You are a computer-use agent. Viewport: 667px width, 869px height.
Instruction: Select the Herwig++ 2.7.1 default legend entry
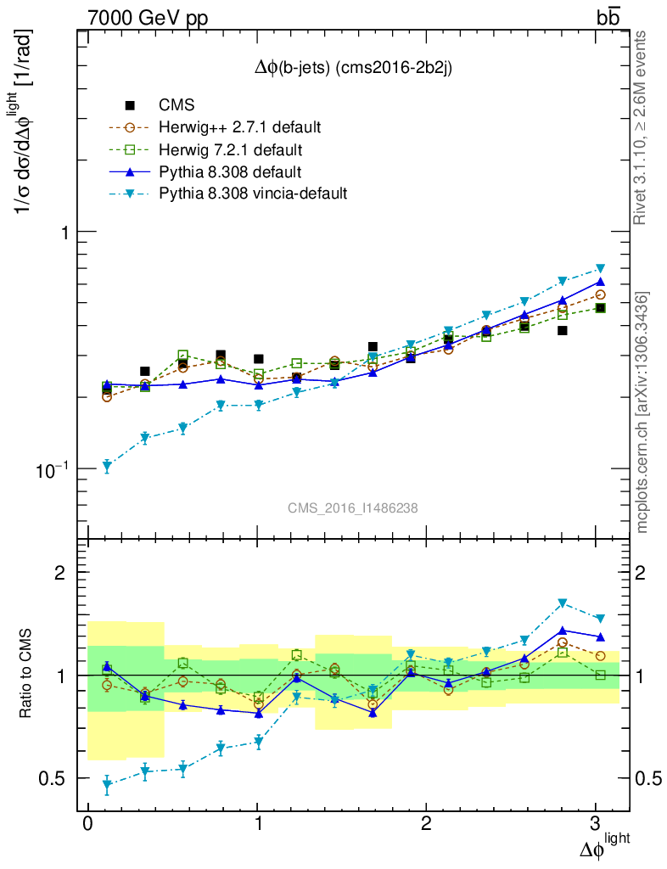(x=238, y=128)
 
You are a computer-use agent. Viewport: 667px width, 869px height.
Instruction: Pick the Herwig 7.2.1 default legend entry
(x=230, y=150)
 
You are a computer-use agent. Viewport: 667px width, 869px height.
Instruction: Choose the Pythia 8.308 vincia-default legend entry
(x=253, y=194)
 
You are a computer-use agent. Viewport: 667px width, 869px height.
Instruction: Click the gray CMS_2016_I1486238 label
(x=352, y=507)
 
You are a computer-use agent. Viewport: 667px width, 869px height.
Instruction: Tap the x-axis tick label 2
(x=427, y=826)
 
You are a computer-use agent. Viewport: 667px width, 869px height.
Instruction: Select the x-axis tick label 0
(x=87, y=826)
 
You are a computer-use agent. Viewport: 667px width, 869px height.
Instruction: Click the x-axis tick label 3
(x=597, y=826)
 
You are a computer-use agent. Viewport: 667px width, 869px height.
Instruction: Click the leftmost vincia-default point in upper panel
(x=107, y=466)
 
